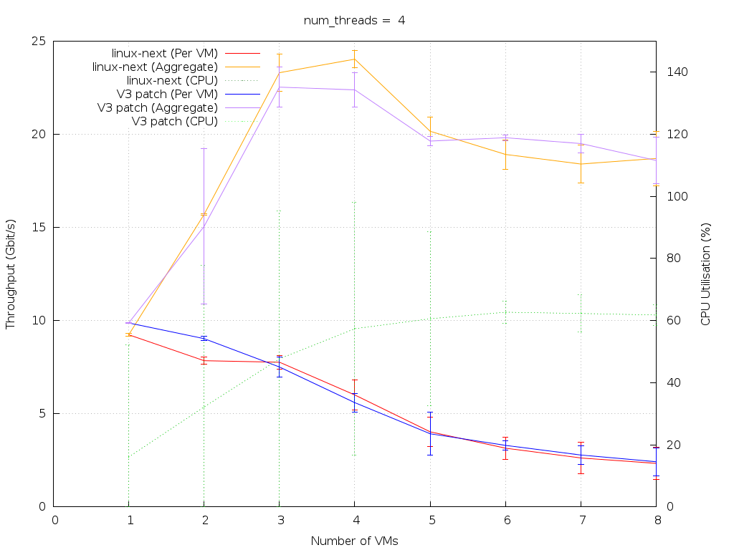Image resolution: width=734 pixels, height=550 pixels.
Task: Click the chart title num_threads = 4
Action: click(354, 20)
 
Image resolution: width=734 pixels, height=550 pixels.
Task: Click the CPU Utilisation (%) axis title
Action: click(705, 274)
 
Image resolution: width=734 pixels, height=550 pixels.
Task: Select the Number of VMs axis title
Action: click(354, 541)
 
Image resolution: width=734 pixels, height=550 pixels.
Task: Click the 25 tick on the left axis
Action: click(39, 41)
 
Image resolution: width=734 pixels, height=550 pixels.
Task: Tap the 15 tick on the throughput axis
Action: click(39, 227)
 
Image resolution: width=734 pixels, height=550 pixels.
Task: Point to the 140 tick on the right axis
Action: click(676, 72)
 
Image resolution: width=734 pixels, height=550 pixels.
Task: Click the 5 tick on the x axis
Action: click(430, 521)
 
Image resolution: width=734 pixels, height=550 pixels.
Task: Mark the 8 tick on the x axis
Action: click(656, 521)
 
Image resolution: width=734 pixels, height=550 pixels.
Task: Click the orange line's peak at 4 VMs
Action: click(354, 59)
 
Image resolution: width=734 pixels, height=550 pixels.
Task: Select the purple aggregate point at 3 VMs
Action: click(279, 87)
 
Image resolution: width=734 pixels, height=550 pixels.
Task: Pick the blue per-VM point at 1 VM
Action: click(129, 323)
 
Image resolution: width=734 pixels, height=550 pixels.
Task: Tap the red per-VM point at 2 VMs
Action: click(204, 360)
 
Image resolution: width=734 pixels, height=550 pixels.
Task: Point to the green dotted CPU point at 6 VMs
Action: click(505, 312)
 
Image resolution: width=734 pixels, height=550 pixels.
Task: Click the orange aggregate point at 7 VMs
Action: click(581, 164)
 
